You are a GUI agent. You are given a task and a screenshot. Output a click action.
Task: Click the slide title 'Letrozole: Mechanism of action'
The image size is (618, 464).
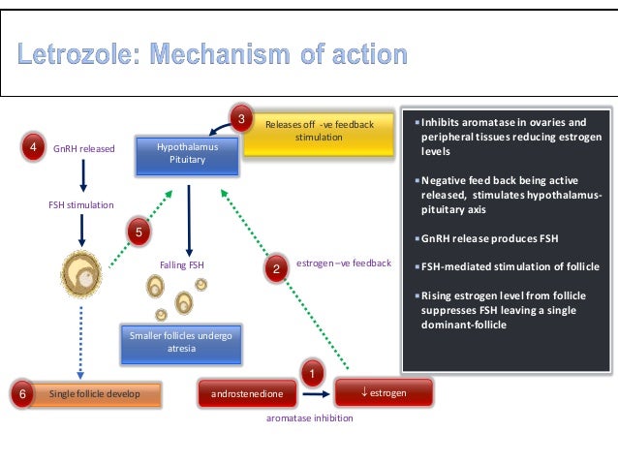212,51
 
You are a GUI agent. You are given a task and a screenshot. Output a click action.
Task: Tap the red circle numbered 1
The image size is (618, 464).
311,372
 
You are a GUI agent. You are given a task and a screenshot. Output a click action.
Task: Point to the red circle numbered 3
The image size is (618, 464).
242,119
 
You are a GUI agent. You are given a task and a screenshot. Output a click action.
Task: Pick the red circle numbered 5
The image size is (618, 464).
139,232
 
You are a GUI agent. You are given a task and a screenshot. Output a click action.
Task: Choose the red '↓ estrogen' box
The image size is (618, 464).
384,393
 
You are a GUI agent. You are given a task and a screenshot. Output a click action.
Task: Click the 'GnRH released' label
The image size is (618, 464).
84,149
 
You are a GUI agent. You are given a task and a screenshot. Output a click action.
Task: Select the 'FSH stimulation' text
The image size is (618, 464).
81,204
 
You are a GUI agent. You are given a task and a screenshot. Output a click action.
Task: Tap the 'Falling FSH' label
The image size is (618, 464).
182,263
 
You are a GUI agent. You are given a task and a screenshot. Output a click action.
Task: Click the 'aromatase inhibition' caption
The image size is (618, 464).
309,418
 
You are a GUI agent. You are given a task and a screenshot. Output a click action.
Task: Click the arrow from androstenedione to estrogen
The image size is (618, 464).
316,394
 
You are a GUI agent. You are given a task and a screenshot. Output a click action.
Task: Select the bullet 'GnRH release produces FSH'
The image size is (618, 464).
480,237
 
